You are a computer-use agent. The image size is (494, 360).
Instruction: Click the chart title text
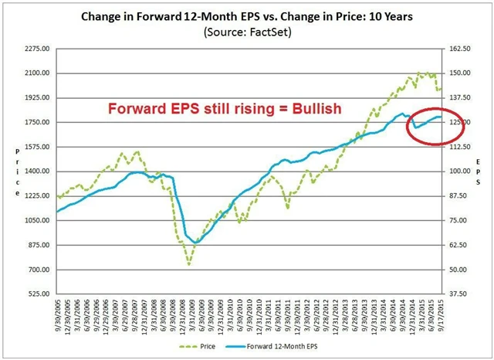coord(246,16)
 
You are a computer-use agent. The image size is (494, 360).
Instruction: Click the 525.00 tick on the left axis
coord(37,294)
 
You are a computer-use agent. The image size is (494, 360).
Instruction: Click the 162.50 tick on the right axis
coord(462,49)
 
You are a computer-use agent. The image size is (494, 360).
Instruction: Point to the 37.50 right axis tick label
coord(462,294)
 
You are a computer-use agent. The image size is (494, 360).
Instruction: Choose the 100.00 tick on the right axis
coord(462,172)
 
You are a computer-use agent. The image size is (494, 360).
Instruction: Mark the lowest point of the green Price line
coord(189,265)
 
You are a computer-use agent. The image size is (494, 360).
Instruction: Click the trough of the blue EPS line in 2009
coord(196,243)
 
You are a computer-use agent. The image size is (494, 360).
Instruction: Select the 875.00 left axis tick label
coord(37,245)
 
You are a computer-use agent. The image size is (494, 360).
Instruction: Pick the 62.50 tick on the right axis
coord(462,245)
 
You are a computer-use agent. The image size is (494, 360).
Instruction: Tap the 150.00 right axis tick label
coord(462,73)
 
